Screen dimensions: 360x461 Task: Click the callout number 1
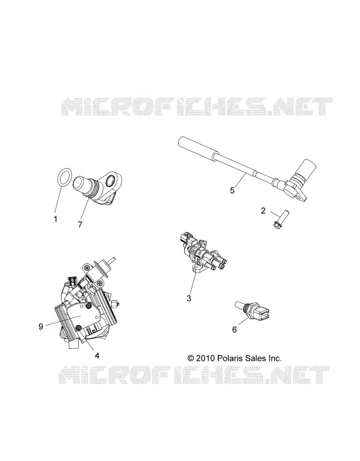point(55,219)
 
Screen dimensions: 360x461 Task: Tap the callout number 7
point(80,224)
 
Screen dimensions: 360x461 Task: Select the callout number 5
point(233,191)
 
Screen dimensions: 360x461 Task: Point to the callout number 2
point(263,210)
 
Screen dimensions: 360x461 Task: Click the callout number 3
point(189,298)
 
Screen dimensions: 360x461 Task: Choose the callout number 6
point(234,330)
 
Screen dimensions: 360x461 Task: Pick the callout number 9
point(41,326)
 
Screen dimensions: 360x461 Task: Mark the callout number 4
point(97,356)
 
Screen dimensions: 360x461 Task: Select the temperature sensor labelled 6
point(252,310)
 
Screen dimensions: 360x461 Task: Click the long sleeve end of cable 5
point(199,149)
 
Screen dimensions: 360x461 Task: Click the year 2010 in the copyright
point(206,358)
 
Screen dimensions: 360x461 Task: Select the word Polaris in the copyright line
point(229,358)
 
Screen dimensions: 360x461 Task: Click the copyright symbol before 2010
point(191,358)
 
